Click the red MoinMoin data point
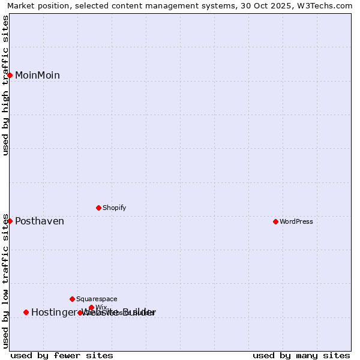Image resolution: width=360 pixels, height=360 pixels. tap(10, 75)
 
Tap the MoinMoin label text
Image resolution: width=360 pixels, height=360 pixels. tap(37, 76)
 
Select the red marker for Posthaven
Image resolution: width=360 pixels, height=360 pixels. tap(10, 221)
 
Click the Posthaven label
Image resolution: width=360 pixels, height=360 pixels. tap(40, 221)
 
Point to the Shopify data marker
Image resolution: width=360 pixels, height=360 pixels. tap(98, 208)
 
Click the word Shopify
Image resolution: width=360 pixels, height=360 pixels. tap(114, 208)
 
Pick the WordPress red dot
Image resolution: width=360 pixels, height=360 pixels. tap(275, 221)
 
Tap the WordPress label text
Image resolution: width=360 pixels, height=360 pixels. tap(296, 222)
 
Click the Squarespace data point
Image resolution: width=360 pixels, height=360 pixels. tap(72, 299)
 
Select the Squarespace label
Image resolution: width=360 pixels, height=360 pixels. tap(97, 299)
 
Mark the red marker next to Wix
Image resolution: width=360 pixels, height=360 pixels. tap(91, 307)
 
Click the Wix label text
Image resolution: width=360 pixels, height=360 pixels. tap(101, 307)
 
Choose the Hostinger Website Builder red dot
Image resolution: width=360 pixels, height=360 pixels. tap(26, 312)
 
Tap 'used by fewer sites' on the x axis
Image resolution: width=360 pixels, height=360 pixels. tap(62, 356)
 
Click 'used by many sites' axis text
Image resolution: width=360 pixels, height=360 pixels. tap(301, 356)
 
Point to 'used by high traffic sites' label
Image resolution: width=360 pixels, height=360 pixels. tap(6, 85)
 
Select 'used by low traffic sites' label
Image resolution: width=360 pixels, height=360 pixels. tap(6, 280)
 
